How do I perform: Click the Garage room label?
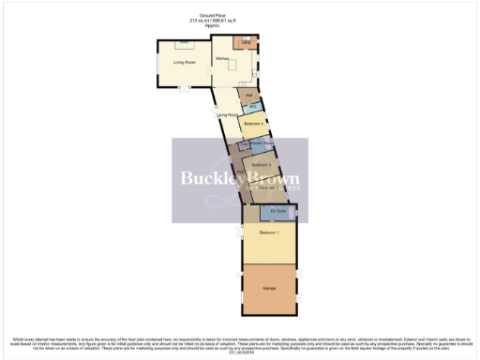tap(269, 287)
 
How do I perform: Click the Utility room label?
tap(247, 43)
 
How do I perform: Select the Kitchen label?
tap(223, 59)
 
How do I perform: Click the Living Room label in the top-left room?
tap(184, 63)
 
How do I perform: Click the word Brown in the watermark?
tap(273, 178)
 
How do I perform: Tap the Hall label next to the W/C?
tap(249, 95)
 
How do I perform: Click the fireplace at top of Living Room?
tap(185, 43)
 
